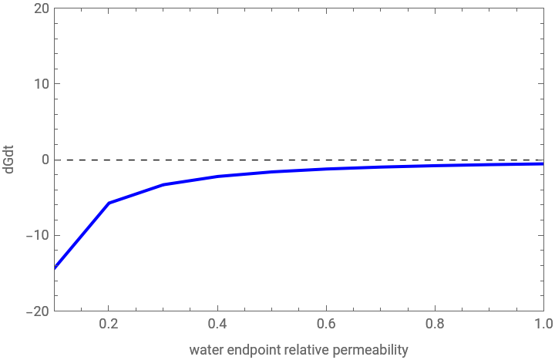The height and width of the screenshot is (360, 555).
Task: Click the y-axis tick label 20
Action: coord(42,8)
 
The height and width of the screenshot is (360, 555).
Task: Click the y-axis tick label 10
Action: coord(42,84)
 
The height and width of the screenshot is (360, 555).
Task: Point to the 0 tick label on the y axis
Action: coord(45,160)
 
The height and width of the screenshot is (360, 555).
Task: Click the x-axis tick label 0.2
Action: coord(109,325)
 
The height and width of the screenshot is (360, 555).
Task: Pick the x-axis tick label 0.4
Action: coord(218,325)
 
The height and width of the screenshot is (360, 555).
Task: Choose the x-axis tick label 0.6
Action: coord(327,325)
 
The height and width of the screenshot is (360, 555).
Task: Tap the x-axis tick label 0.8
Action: coord(436,325)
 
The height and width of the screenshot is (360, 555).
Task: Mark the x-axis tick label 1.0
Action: coord(543,325)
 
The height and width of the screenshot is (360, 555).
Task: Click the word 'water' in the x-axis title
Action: coord(206,350)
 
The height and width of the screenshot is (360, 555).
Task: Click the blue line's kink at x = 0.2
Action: coord(109,202)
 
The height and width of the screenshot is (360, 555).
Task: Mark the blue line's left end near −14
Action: coord(56,266)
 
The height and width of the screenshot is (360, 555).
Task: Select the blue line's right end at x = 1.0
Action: coord(543,163)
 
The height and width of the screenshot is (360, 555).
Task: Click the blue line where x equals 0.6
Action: coord(327,168)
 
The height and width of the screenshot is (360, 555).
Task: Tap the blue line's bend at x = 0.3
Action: coord(163,184)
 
